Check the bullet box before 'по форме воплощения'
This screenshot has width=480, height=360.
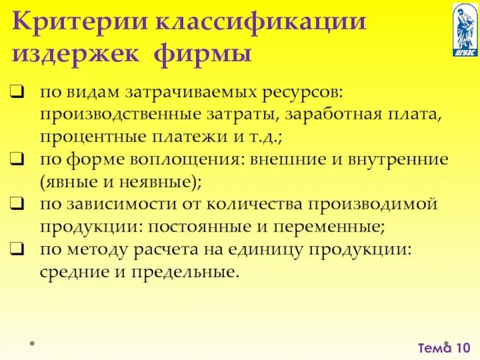(17, 160)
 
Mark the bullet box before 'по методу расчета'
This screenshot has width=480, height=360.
(17, 248)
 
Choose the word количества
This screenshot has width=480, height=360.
(257, 204)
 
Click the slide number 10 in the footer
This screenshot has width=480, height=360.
(463, 347)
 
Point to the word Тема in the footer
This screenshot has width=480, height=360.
(434, 347)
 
